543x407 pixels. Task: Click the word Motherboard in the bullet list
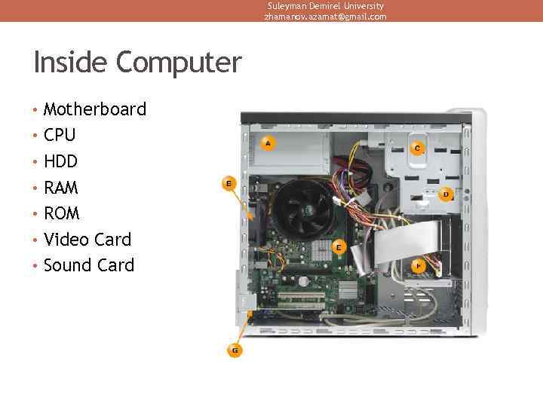pyautogui.click(x=94, y=109)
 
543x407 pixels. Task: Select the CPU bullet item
pyautogui.click(x=60, y=136)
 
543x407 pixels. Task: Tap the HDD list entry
pyautogui.click(x=60, y=161)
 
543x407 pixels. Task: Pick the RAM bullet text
pyautogui.click(x=61, y=188)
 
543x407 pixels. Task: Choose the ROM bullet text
pyautogui.click(x=61, y=213)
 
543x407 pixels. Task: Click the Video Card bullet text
pyautogui.click(x=87, y=240)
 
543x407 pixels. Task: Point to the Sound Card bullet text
pyautogui.click(x=89, y=265)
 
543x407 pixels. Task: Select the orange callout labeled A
pyautogui.click(x=267, y=142)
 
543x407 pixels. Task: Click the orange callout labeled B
pyautogui.click(x=229, y=183)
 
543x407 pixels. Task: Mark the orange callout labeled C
pyautogui.click(x=417, y=148)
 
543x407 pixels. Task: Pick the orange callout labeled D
pyautogui.click(x=446, y=194)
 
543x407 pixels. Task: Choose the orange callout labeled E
pyautogui.click(x=339, y=246)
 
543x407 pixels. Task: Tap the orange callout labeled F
pyautogui.click(x=419, y=266)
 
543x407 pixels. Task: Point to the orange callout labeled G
pyautogui.click(x=235, y=350)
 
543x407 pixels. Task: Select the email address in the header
pyautogui.click(x=325, y=17)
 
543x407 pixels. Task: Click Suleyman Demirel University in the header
pyautogui.click(x=325, y=6)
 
